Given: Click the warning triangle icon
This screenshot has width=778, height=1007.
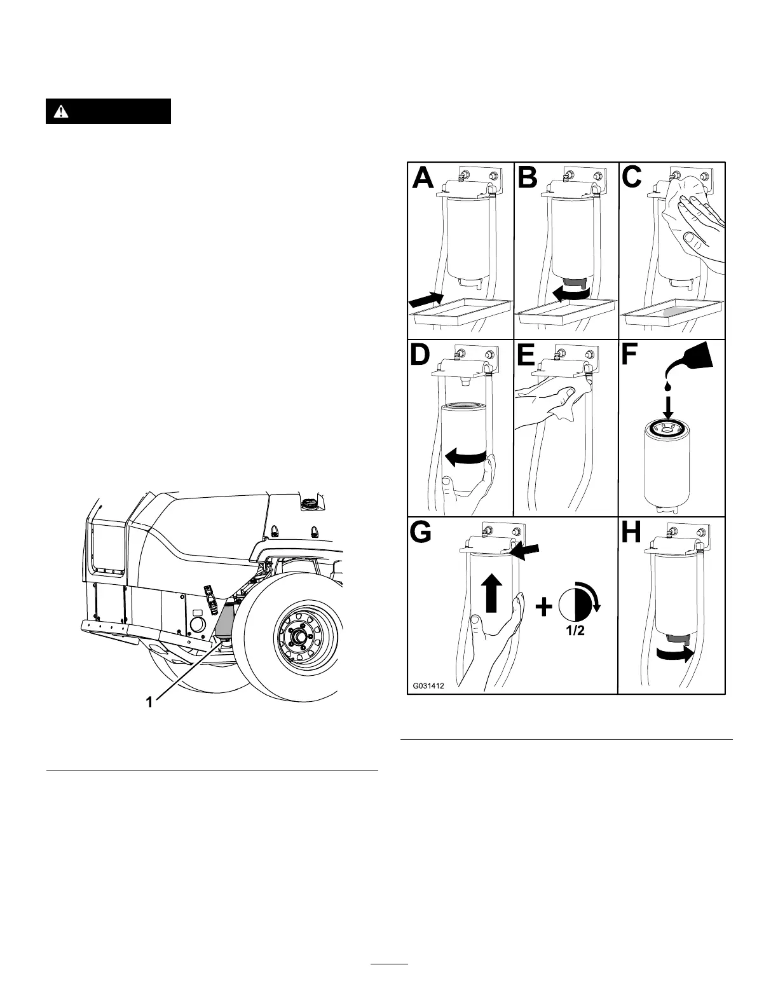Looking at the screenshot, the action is click(60, 111).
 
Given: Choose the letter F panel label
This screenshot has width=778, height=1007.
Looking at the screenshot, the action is click(631, 355).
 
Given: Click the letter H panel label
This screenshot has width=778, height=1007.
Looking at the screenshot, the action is click(631, 533).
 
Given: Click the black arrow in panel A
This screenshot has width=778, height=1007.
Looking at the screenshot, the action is click(425, 299).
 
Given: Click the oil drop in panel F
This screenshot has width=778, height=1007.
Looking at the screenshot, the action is click(667, 386).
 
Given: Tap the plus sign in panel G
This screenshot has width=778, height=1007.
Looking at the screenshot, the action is click(543, 608).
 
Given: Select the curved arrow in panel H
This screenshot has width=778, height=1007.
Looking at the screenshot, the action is click(676, 655).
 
